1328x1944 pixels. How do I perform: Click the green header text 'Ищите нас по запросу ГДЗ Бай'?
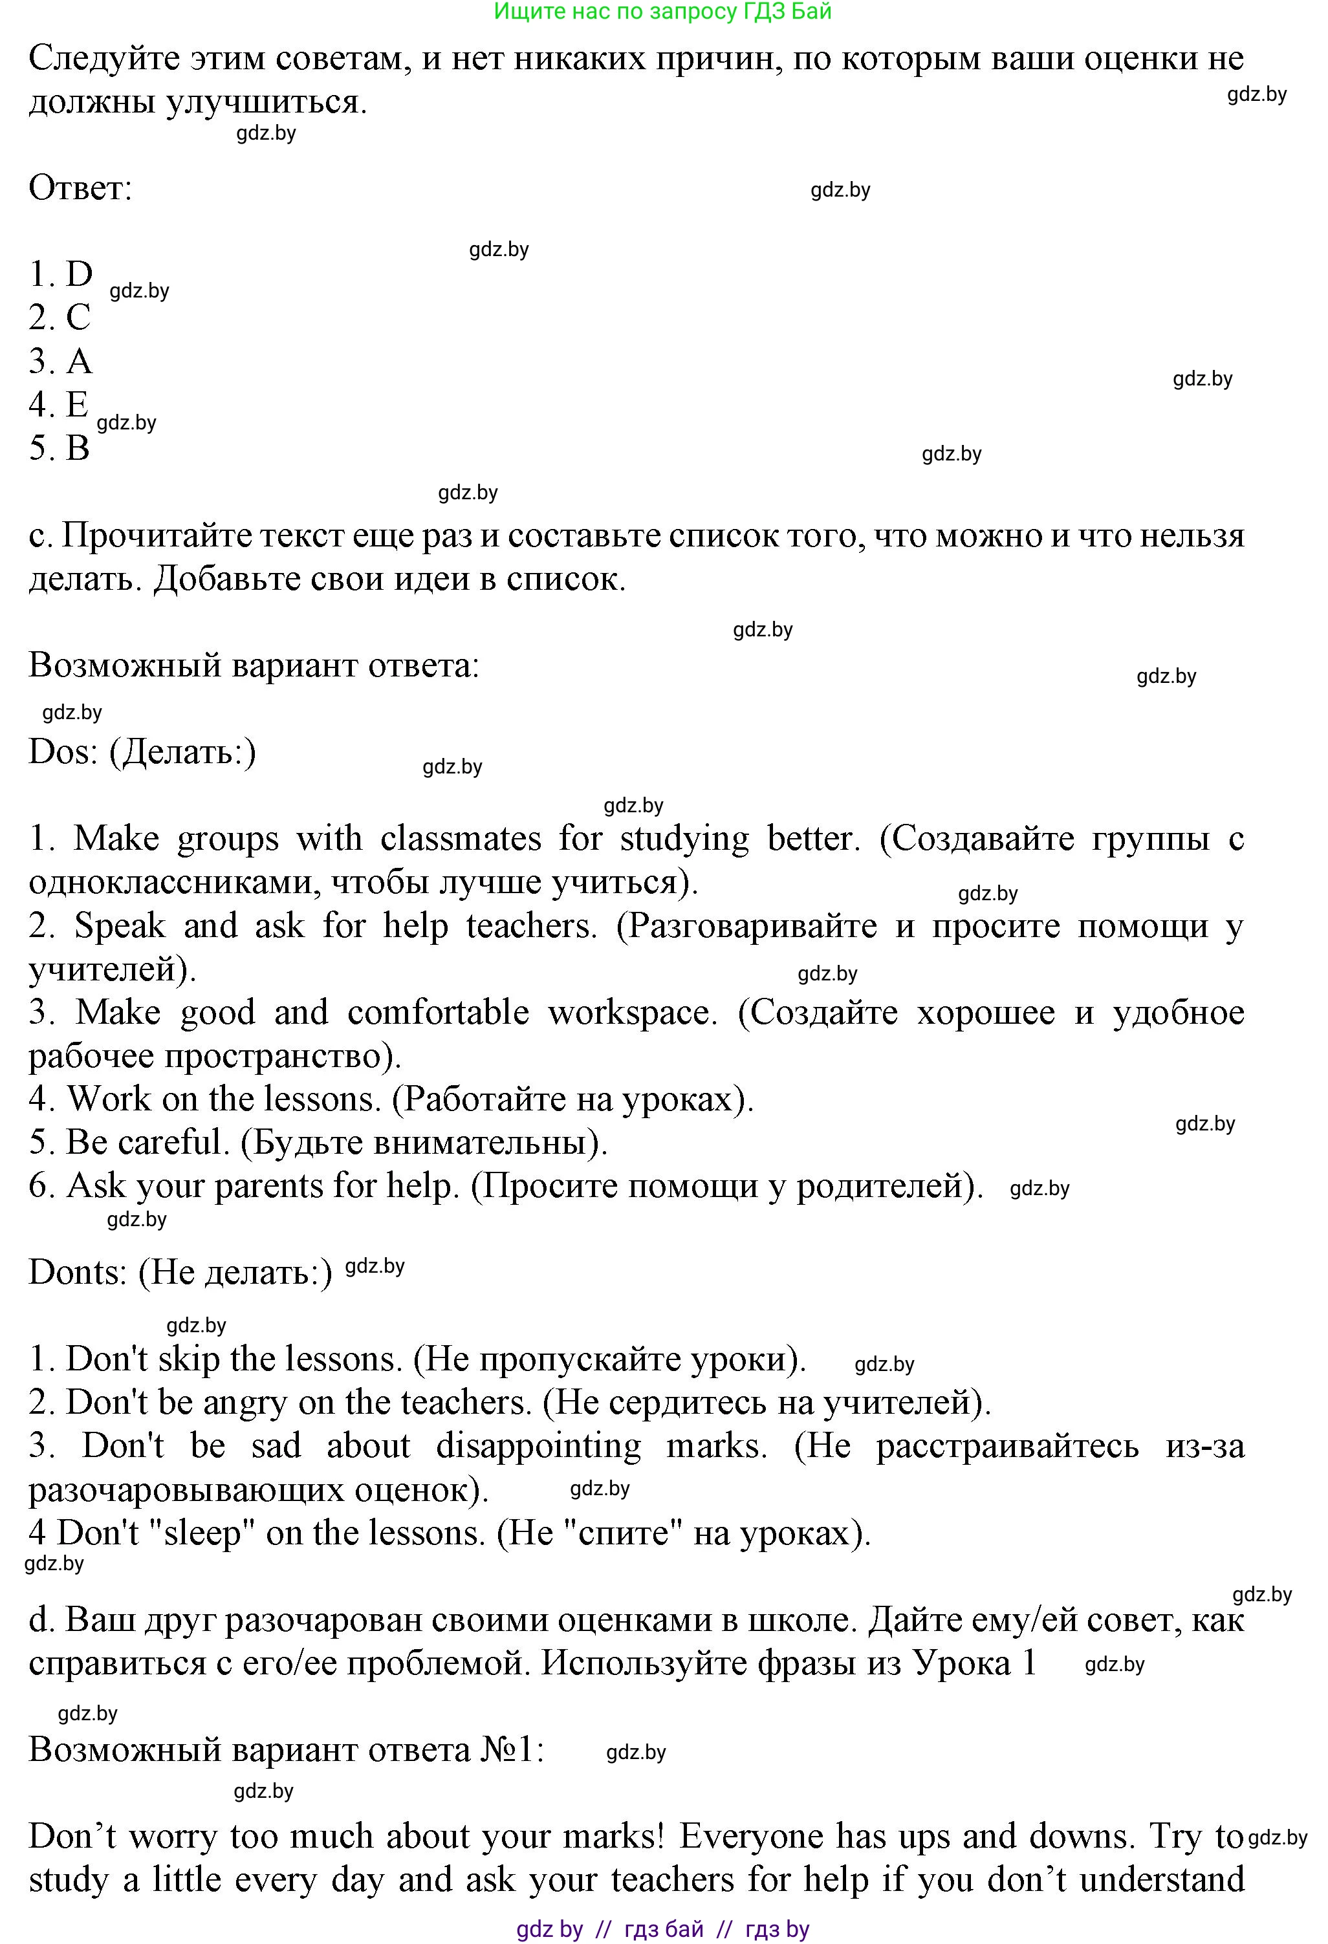click(663, 12)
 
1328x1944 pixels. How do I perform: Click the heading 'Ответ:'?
click(80, 188)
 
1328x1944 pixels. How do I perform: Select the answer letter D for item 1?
click(80, 274)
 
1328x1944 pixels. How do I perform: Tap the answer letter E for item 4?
click(77, 404)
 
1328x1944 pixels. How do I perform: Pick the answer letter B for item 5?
click(78, 448)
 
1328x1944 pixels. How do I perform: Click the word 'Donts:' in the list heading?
click(78, 1271)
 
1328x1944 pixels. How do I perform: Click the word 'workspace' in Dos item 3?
click(630, 1012)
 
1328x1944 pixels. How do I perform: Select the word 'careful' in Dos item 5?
click(173, 1143)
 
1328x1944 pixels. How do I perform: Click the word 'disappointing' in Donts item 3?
click(538, 1445)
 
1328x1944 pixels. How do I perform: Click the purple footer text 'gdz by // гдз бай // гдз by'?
click(663, 1929)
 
